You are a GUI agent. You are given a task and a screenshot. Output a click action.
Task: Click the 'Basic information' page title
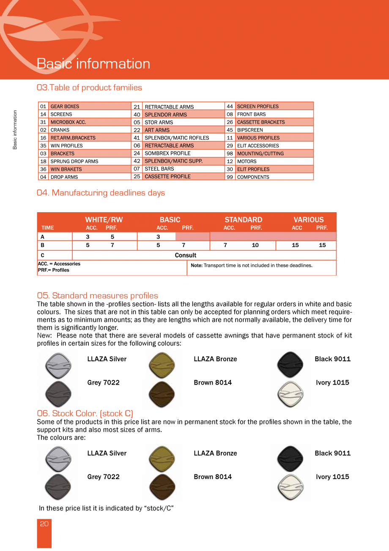(93, 64)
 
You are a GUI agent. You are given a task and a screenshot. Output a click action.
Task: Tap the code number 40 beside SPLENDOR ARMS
(137, 114)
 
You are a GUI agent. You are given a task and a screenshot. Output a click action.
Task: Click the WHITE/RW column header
(104, 219)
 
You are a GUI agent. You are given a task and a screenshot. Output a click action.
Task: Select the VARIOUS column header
(309, 219)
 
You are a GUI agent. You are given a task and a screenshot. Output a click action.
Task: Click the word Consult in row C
(186, 255)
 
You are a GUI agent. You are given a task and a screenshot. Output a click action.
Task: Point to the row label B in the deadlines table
(42, 245)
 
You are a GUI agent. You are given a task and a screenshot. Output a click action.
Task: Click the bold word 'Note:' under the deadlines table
(197, 266)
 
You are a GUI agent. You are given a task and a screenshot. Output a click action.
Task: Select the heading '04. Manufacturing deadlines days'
(101, 193)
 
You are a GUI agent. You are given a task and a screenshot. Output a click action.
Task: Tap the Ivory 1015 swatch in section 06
(290, 487)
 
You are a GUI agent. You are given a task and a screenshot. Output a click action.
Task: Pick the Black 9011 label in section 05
(332, 359)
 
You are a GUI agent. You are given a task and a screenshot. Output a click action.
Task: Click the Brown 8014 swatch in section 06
(162, 487)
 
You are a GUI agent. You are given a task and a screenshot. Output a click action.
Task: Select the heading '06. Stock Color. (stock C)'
(85, 413)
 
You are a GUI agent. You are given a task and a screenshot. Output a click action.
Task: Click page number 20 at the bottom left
(44, 524)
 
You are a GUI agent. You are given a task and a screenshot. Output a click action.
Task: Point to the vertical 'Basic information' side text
(15, 130)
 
